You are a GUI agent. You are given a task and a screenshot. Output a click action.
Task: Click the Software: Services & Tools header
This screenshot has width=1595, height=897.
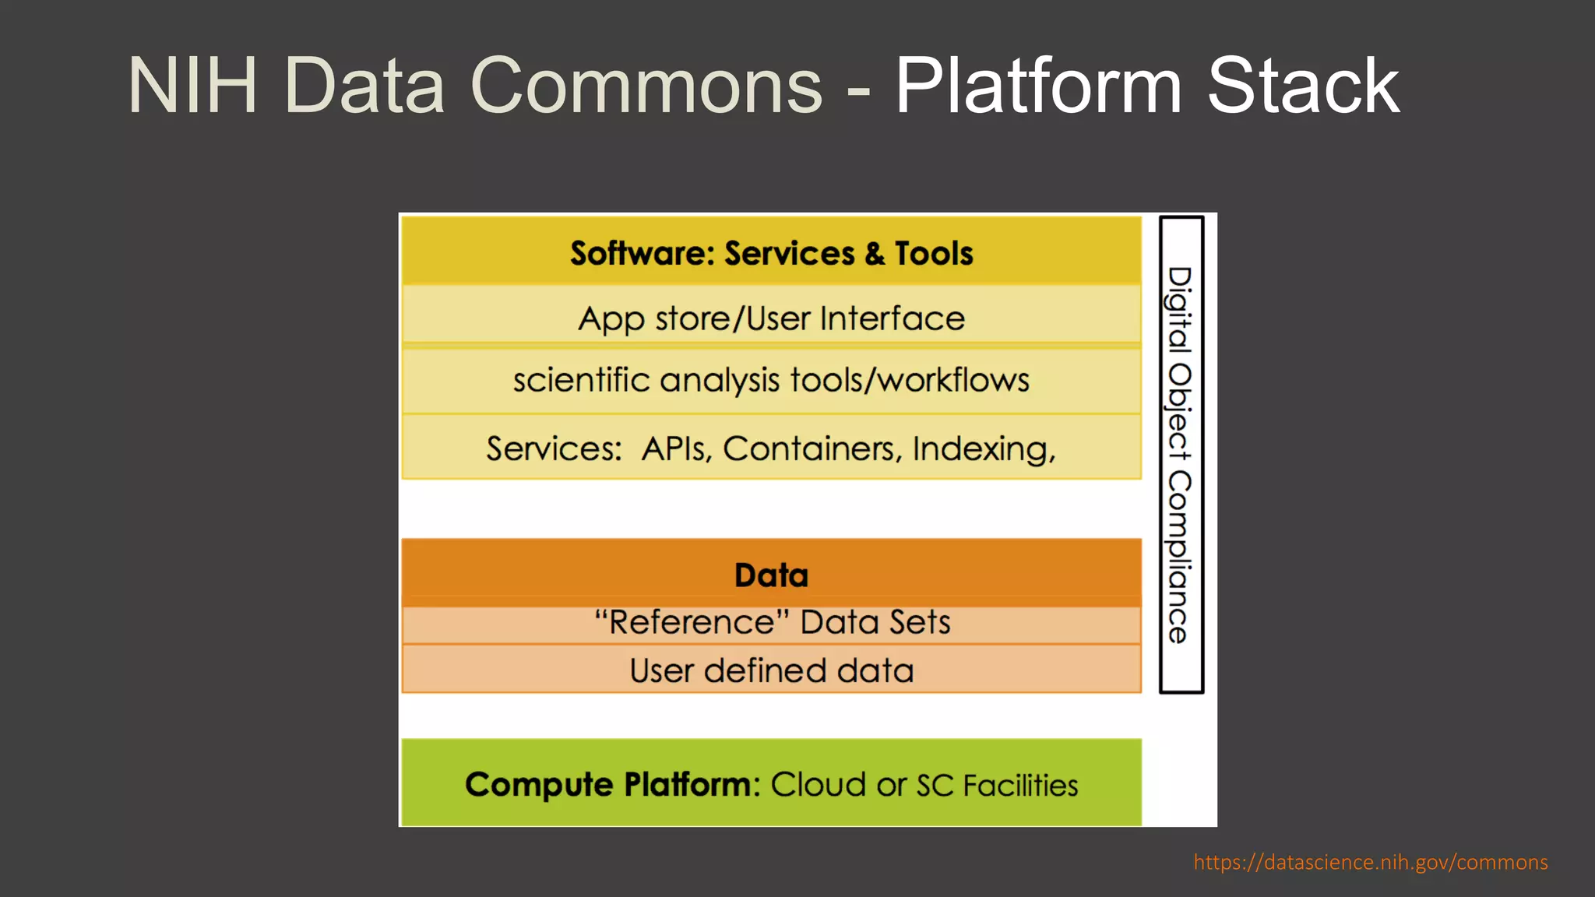771,253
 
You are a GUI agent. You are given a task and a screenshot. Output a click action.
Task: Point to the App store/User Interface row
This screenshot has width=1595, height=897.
771,318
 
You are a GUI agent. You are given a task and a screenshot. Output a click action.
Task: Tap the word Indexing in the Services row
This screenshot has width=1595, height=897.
984,449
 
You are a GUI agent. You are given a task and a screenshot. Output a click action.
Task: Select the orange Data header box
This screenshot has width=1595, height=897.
771,574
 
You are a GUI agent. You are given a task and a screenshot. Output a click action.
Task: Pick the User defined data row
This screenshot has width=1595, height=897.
771,670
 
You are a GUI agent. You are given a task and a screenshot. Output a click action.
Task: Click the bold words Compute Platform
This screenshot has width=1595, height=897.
612,784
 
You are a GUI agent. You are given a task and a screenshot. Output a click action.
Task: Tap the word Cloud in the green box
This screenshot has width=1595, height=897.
818,784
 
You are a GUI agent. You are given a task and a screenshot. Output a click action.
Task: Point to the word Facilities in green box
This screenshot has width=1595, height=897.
1020,785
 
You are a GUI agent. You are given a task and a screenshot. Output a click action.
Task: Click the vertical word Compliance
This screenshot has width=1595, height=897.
1179,557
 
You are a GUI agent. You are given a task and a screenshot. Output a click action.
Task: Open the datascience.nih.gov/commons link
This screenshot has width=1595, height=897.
1370,862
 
